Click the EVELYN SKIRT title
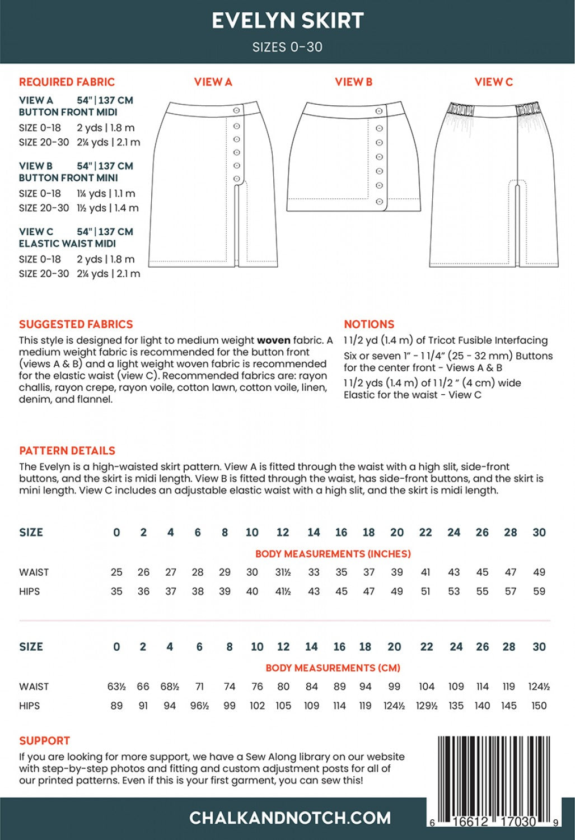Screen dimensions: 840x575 (x=288, y=21)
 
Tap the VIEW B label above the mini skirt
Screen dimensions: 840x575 (x=353, y=82)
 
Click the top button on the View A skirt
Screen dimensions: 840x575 (x=236, y=111)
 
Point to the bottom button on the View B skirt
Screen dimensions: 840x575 (x=379, y=202)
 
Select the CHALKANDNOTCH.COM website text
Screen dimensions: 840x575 (x=290, y=818)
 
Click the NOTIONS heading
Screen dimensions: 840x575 (x=369, y=324)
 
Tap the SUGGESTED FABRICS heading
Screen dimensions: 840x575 (x=76, y=324)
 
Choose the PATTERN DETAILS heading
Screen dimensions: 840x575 (x=67, y=451)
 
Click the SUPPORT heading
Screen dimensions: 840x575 (x=44, y=740)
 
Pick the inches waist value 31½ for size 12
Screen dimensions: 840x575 (x=283, y=572)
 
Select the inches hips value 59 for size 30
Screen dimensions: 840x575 (x=539, y=591)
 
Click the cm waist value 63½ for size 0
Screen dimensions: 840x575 (x=116, y=687)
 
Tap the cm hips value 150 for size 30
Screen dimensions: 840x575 (x=539, y=706)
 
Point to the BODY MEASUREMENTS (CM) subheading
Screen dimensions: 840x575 (x=333, y=668)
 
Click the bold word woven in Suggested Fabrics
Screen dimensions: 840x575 (x=273, y=340)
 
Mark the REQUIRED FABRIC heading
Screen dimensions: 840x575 (x=67, y=82)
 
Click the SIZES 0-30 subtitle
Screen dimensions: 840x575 (x=287, y=47)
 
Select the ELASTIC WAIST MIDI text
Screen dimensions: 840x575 (x=67, y=244)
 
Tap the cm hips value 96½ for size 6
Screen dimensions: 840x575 (x=199, y=706)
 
